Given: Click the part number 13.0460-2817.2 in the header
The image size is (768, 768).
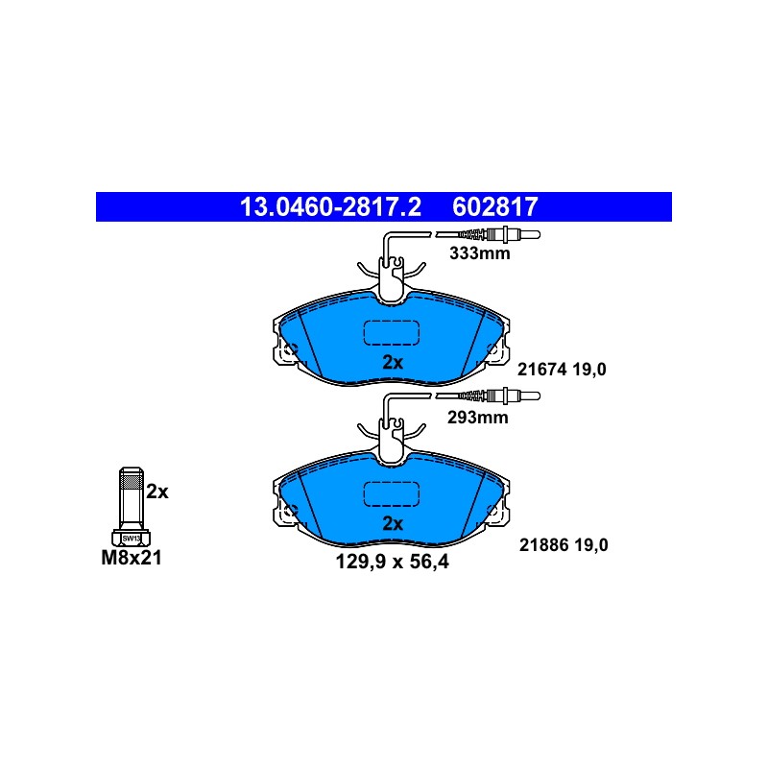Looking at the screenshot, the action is tap(330, 206).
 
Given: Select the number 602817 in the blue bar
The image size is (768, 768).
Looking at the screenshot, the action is tap(495, 206).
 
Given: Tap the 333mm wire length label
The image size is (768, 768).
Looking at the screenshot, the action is tap(479, 253).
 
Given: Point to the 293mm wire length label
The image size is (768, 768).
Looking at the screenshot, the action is tap(477, 418).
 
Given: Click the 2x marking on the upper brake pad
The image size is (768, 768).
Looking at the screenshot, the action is tap(393, 363).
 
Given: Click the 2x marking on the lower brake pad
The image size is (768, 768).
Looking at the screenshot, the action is tap(393, 523).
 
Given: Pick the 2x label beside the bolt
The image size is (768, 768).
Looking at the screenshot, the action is tap(157, 492).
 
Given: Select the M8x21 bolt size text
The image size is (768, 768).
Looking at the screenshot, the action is tap(132, 558).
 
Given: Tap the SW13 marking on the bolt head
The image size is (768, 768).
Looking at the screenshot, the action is tap(132, 539).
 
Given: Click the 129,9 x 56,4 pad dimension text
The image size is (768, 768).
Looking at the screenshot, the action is tap(392, 562).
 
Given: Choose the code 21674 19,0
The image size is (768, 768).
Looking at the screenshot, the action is tap(562, 370).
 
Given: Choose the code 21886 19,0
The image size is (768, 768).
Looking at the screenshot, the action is tap(564, 544).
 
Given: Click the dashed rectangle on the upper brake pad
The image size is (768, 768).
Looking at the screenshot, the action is tap(392, 332).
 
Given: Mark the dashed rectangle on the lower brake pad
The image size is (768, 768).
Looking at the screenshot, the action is tap(392, 493).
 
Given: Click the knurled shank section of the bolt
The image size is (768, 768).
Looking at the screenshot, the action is tap(132, 482).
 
